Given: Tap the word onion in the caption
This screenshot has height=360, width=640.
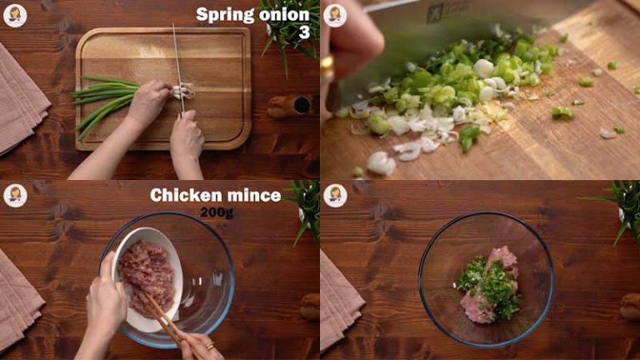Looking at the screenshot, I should click(x=286, y=14).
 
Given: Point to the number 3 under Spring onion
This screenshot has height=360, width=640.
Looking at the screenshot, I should click(x=303, y=32).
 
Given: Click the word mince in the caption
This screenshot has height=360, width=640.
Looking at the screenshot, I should click(x=253, y=195).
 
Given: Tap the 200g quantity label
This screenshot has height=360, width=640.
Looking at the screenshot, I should click(x=215, y=212).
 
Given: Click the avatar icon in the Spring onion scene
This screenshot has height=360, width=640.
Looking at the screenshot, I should click(x=15, y=15).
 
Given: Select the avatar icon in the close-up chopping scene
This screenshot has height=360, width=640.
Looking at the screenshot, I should click(x=335, y=15).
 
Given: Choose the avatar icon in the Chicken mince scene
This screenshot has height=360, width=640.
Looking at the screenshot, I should click(x=15, y=195).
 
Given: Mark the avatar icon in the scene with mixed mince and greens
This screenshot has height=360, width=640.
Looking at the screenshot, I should click(x=335, y=195).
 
